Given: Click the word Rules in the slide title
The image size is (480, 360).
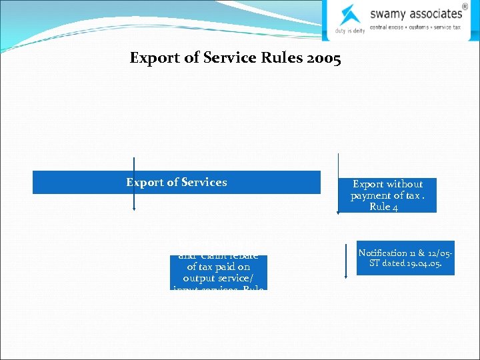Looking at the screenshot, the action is tap(277, 59).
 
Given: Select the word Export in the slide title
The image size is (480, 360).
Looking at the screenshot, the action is tap(153, 59).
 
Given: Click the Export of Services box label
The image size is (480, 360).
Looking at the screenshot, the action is tap(177, 182).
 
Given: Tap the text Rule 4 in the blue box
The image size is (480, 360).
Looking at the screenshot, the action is tap(384, 207).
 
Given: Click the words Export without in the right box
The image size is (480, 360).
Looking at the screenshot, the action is tap(388, 184).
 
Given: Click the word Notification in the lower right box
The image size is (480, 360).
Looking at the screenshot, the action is tap(383, 253).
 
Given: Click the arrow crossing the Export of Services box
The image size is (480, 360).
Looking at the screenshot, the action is tap(134, 183).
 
